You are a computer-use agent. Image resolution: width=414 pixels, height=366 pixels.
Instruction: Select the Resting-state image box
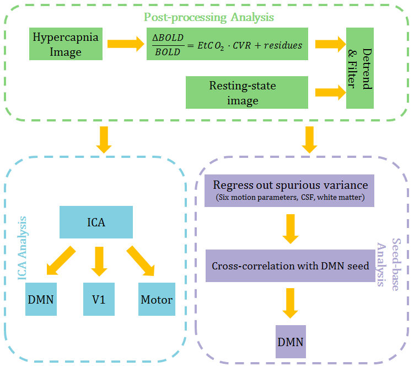(243, 92)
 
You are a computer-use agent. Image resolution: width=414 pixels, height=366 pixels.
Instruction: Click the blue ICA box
(96, 222)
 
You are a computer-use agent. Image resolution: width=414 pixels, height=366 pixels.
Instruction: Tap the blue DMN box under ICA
(41, 300)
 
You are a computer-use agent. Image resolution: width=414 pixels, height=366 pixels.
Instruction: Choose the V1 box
(99, 300)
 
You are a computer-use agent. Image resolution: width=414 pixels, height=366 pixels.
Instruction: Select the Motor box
(157, 300)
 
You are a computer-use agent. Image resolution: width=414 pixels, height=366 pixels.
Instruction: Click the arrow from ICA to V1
(99, 260)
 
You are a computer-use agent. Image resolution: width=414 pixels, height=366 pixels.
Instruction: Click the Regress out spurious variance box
(286, 191)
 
